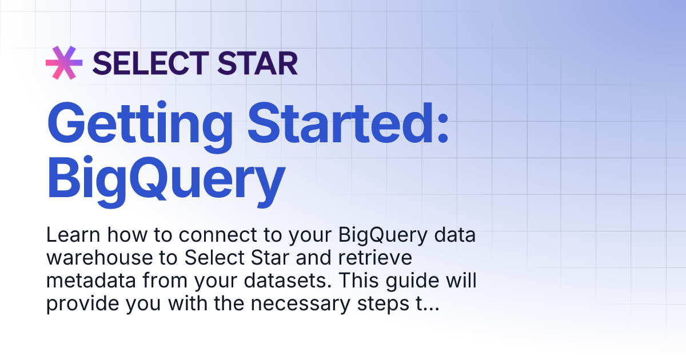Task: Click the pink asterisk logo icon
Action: pyautogui.click(x=64, y=63)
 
